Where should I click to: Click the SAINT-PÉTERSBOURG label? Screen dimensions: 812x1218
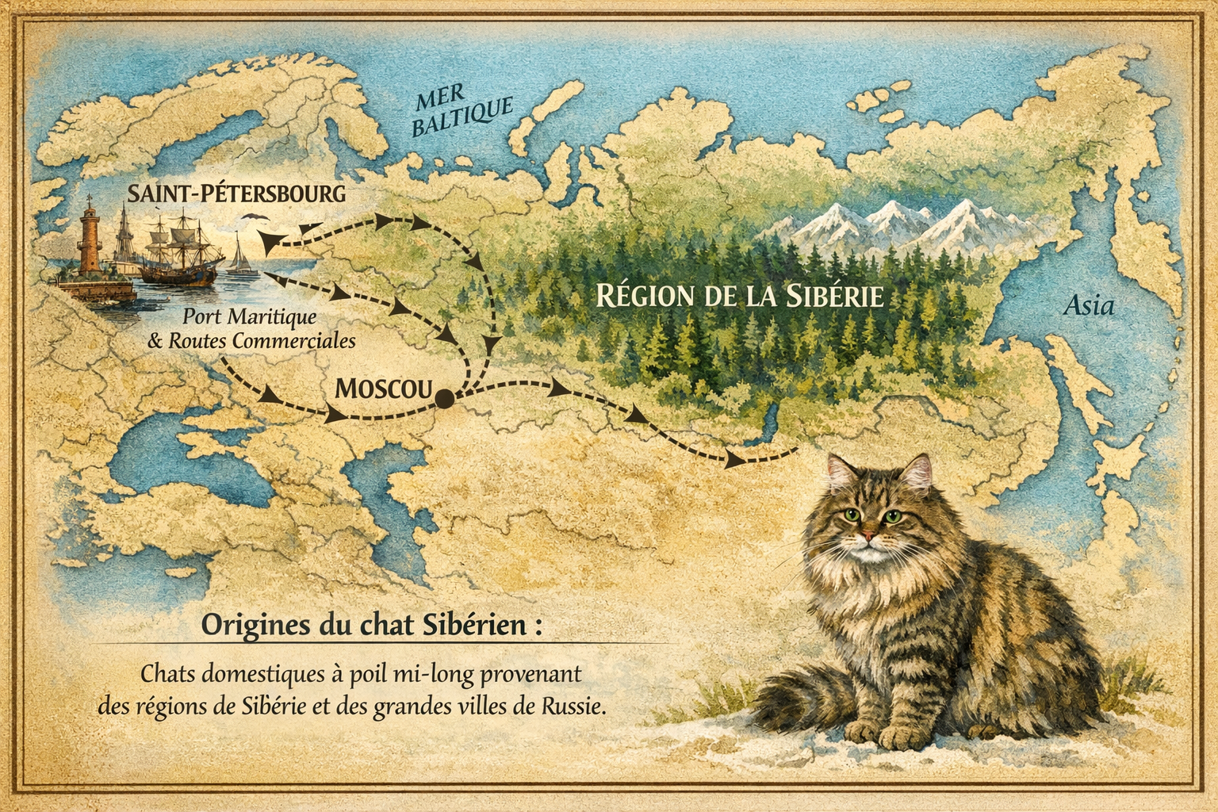pos(237,193)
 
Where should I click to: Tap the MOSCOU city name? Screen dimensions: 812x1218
pos(383,388)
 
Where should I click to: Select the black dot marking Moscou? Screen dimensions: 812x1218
pos(445,400)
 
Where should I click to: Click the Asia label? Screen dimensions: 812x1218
pos(1089,305)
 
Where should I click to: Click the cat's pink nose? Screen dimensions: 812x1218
pos(870,538)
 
